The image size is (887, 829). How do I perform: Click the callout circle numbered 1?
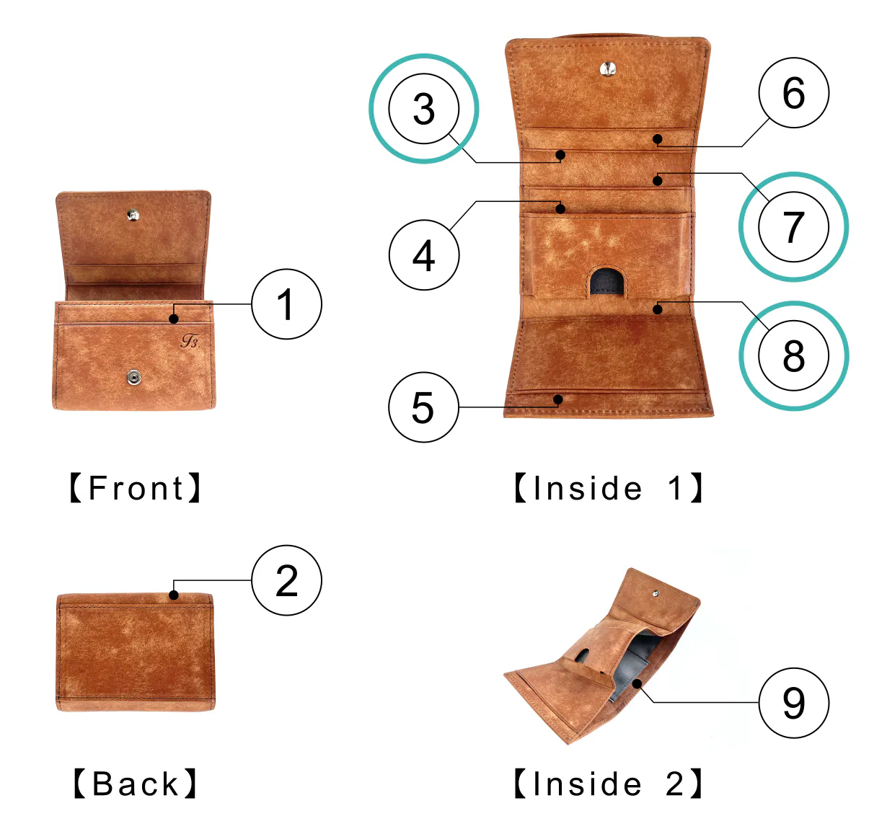click(286, 304)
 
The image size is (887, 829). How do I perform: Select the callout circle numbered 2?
click(286, 580)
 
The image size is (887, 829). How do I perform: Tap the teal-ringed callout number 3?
click(423, 109)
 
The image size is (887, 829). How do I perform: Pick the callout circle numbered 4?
click(423, 255)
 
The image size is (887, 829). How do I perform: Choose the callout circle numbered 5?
click(423, 407)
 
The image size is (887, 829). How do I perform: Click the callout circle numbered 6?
click(793, 92)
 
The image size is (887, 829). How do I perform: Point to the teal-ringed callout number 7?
click(793, 226)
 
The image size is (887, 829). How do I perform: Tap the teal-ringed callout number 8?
click(793, 355)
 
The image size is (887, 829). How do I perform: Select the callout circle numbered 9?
click(793, 703)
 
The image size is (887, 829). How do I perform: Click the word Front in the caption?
click(136, 488)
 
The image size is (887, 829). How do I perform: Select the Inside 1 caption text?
click(608, 488)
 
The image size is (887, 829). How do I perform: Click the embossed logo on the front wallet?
click(190, 341)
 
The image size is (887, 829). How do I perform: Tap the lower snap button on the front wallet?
click(134, 378)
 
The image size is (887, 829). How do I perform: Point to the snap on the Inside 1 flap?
click(607, 68)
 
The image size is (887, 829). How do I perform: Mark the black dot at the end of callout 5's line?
click(558, 399)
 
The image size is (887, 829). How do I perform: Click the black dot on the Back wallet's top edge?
click(174, 595)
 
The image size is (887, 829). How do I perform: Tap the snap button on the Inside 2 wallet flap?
click(656, 593)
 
